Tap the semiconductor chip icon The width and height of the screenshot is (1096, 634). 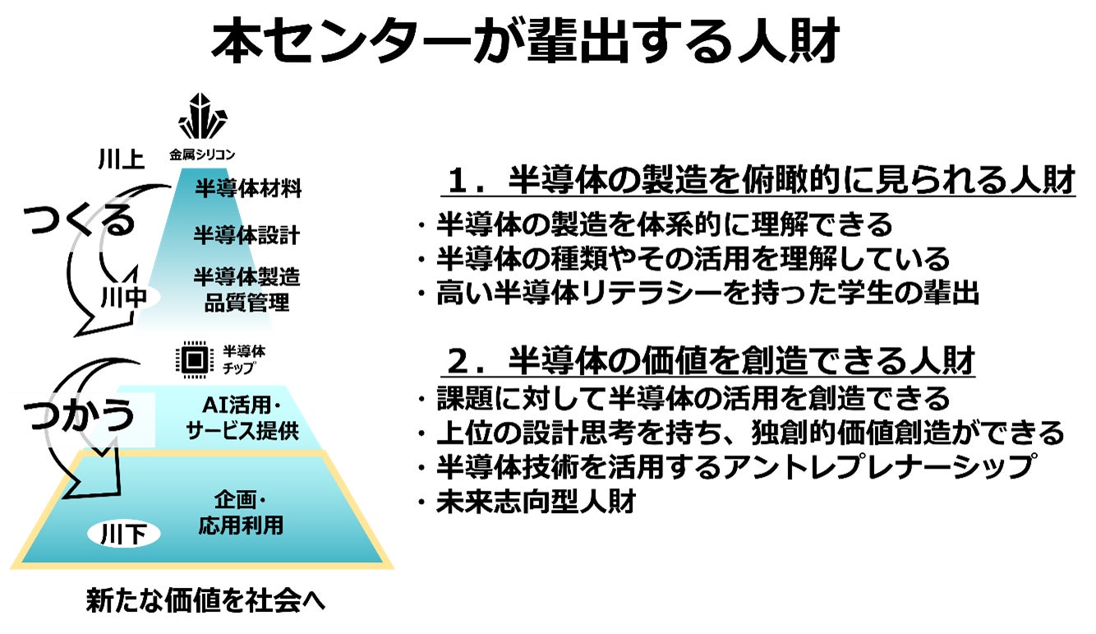pyautogui.click(x=192, y=359)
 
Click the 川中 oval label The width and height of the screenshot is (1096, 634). pyautogui.click(x=123, y=298)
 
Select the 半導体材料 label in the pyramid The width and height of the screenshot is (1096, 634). pyautogui.click(x=248, y=188)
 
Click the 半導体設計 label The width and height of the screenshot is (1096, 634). pyautogui.click(x=246, y=235)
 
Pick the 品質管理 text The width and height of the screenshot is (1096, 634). pyautogui.click(x=246, y=303)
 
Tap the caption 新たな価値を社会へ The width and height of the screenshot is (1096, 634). pyautogui.click(x=206, y=601)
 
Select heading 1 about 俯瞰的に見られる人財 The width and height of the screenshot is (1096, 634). pyautogui.click(x=761, y=182)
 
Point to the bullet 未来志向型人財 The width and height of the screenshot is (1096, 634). pyautogui.click(x=535, y=502)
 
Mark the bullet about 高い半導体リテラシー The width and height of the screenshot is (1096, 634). pyautogui.click(x=707, y=294)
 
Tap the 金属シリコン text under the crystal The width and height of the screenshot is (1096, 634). pyautogui.click(x=203, y=154)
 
